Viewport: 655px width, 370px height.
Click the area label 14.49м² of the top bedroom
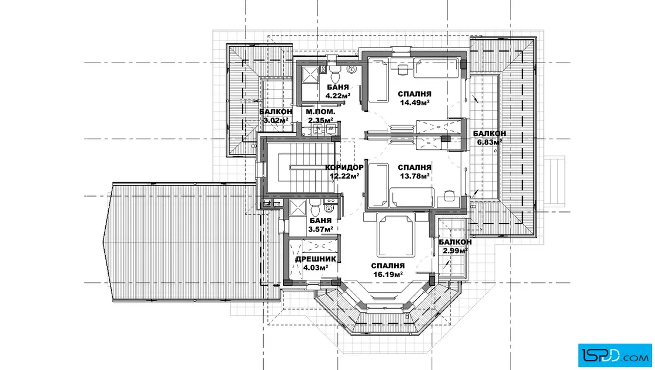tap(415, 102)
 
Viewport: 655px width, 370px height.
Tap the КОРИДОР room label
tap(344, 167)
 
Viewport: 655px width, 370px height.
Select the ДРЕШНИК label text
tap(315, 259)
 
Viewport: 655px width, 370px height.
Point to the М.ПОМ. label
tap(320, 112)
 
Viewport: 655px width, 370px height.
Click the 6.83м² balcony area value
tap(489, 142)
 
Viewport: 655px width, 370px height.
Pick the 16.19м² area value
tap(388, 274)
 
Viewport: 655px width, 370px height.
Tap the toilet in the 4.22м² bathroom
tap(335, 76)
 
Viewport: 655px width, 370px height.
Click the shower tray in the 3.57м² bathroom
tap(298, 208)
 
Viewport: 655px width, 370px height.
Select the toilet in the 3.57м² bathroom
tap(315, 208)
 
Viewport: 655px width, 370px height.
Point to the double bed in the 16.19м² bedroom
tap(395, 236)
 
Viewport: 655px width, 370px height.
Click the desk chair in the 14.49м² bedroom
tap(403, 69)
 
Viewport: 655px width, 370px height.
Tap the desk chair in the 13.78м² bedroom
tap(449, 195)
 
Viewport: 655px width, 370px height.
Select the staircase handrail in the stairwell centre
tap(309, 167)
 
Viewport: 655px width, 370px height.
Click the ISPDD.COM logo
tap(615, 355)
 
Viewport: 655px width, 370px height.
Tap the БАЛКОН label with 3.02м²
tap(275, 112)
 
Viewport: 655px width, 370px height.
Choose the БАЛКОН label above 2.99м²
tap(456, 242)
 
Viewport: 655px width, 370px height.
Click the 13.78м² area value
tap(415, 176)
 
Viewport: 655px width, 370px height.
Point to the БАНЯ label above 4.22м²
tap(337, 87)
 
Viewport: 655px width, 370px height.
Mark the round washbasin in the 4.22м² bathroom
tap(351, 69)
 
